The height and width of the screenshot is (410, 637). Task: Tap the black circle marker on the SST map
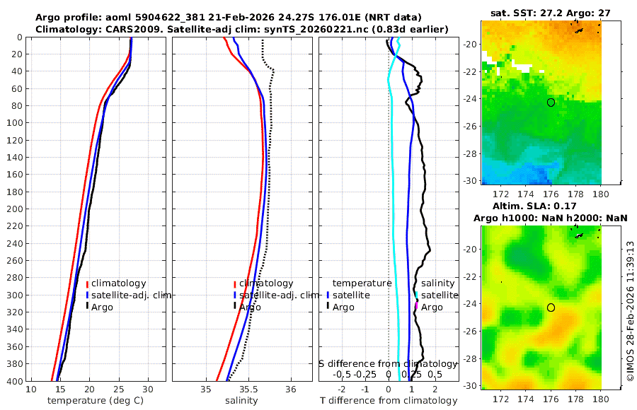point(551,102)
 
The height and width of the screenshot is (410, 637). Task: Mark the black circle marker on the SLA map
point(551,307)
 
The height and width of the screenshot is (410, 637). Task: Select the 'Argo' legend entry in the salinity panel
point(250,307)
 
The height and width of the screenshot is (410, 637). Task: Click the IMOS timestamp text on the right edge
point(630,311)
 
